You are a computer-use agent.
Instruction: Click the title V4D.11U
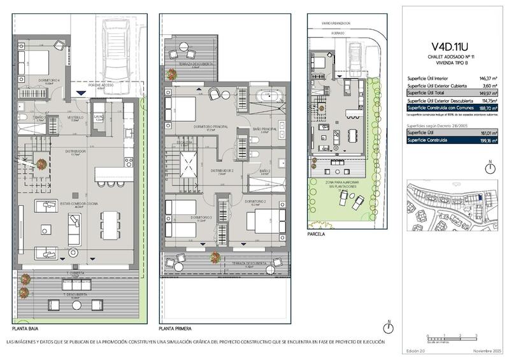click(x=450, y=45)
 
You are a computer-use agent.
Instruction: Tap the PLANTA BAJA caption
click(x=26, y=329)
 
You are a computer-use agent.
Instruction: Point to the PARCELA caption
click(x=315, y=234)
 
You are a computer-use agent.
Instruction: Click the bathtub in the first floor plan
click(x=263, y=99)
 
